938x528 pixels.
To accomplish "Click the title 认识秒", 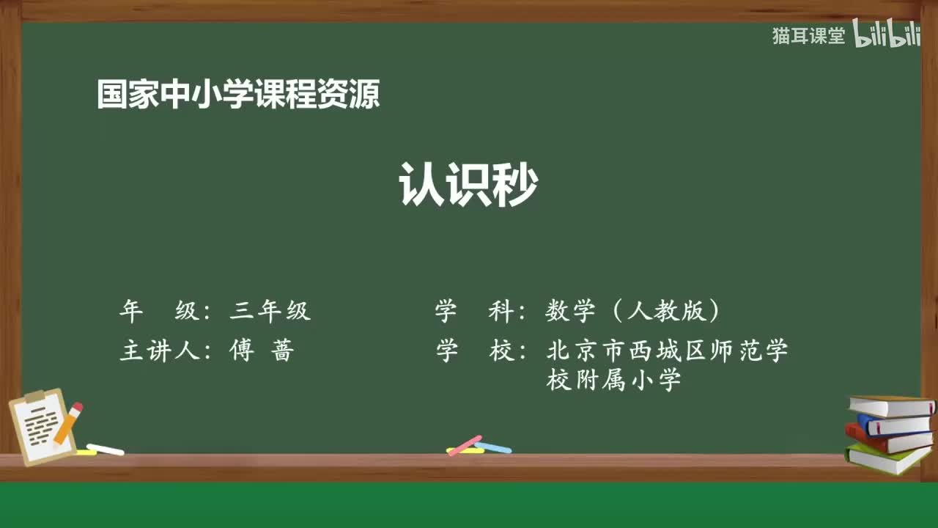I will click(468, 186).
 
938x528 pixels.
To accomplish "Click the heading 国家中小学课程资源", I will click(238, 95).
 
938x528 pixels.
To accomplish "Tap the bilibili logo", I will click(886, 36).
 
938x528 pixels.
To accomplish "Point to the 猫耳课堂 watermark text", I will click(808, 36).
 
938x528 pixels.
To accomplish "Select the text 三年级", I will click(270, 311).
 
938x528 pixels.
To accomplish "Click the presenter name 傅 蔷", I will click(261, 351).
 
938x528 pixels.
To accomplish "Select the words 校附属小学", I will click(614, 380).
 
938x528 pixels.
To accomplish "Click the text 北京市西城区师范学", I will click(667, 351).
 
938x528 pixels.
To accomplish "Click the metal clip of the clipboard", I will click(34, 397).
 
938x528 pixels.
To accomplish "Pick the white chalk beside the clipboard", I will click(105, 449).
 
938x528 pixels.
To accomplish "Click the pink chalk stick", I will click(465, 445).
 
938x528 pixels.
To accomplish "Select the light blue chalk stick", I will click(493, 447).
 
